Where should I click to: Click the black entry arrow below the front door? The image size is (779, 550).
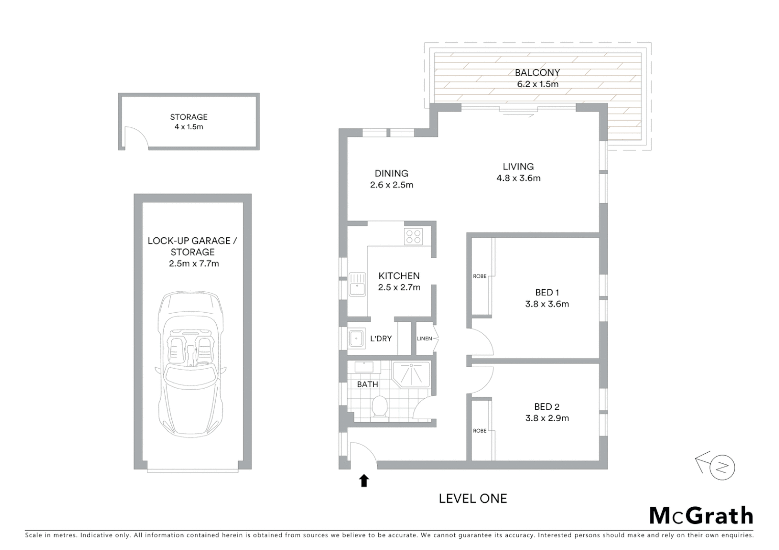(363, 480)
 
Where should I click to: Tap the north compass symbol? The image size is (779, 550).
(718, 466)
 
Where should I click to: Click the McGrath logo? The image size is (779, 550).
(701, 515)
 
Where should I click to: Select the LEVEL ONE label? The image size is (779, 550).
(473, 499)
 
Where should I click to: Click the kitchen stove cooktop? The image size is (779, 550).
(413, 236)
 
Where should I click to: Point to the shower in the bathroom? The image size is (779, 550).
(411, 374)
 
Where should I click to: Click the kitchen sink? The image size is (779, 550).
(357, 285)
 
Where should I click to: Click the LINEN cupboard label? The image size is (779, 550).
(424, 339)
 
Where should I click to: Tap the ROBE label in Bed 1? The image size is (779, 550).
(479, 277)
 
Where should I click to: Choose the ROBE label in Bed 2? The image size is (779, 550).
(479, 431)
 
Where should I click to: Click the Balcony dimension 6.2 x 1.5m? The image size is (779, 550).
(537, 85)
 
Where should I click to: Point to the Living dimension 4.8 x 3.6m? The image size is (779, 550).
(518, 178)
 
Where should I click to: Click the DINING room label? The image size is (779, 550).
(392, 174)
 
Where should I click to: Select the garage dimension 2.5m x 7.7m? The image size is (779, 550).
(194, 264)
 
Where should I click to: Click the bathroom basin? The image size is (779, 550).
(364, 367)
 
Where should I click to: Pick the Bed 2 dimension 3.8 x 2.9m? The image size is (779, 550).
(547, 418)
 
